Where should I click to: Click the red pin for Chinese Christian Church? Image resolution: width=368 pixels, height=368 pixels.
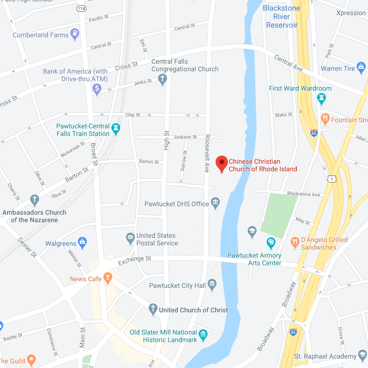[x=222, y=164]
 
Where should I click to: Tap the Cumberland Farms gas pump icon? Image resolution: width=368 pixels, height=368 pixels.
[x=75, y=34]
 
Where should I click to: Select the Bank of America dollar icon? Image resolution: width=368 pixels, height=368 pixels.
[x=97, y=88]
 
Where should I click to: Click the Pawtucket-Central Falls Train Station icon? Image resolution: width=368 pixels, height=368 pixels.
[x=116, y=128]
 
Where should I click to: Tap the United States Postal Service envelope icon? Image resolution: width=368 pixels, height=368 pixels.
[x=130, y=239]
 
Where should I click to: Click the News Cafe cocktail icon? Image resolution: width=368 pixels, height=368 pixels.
[x=108, y=278]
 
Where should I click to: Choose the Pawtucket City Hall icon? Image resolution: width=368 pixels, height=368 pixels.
[x=212, y=284]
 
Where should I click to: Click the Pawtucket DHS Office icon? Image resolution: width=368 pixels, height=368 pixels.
[x=216, y=203]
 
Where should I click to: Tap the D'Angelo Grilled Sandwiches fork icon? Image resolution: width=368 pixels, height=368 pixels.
[x=295, y=243]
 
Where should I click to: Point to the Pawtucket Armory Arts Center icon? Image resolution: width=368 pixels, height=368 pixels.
[x=271, y=243]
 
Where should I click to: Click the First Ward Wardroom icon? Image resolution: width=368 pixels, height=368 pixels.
[x=322, y=98]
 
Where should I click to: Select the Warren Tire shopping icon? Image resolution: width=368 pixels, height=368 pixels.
[x=361, y=68]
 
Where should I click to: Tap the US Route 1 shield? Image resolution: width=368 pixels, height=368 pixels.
[x=332, y=178]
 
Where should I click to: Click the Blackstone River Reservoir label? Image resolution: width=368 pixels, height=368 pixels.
[x=282, y=17]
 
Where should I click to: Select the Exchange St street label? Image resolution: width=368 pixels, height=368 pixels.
[x=134, y=260]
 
